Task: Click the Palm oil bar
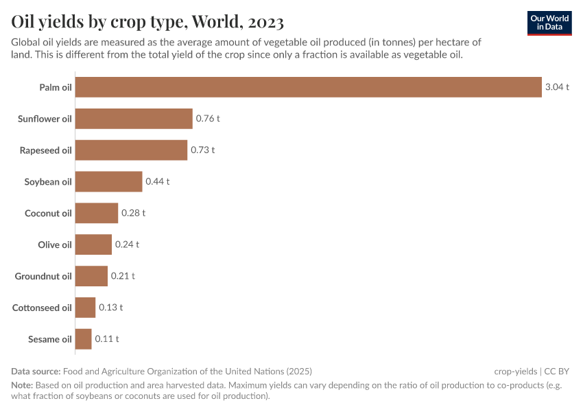click(308, 87)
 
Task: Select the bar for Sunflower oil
click(134, 119)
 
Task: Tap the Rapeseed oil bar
click(131, 150)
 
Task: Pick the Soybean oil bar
click(108, 181)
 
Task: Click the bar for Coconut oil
click(97, 213)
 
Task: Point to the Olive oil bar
click(93, 244)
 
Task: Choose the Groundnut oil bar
click(91, 276)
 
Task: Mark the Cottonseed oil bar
click(85, 308)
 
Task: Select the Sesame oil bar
click(83, 339)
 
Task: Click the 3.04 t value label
click(557, 87)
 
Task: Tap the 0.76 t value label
click(208, 119)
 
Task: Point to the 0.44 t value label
click(157, 181)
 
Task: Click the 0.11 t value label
click(107, 339)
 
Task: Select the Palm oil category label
click(56, 87)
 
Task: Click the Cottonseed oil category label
click(42, 308)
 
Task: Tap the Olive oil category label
click(55, 244)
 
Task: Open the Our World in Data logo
click(549, 23)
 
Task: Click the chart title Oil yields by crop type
click(147, 22)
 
